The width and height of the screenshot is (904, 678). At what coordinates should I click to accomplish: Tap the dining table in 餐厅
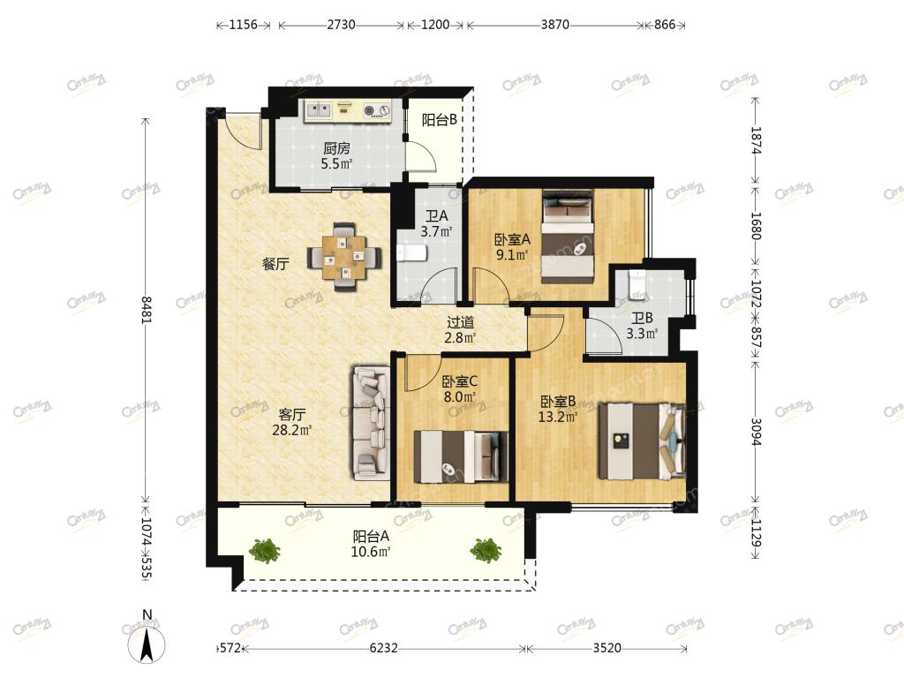coord(345,257)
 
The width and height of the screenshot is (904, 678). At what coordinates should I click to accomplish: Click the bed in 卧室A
coord(568,236)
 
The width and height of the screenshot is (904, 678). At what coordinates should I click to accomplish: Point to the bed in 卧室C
coord(461,456)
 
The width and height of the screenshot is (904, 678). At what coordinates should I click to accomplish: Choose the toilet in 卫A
coord(411,252)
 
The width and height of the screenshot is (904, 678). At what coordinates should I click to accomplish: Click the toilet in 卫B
coord(637,284)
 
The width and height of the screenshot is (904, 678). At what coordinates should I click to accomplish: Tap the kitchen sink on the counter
coord(318,109)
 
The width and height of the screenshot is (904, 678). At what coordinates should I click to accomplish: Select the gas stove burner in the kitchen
coord(376,110)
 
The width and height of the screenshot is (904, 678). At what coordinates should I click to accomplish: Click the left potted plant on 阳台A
coord(265,551)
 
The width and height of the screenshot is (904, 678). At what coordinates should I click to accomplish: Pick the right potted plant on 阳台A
coord(486,551)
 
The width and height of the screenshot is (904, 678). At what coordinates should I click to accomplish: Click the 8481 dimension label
coord(146,310)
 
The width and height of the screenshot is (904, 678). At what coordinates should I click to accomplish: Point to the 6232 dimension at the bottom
coord(383,648)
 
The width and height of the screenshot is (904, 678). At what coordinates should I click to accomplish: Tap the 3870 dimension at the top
coord(555,25)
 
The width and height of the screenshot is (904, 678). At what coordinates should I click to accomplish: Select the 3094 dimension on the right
coord(756,431)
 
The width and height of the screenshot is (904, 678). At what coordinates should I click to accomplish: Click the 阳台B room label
coord(440,120)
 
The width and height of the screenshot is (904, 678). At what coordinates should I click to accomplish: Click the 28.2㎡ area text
coord(291,430)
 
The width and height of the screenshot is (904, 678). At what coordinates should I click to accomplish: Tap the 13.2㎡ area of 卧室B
coord(558,417)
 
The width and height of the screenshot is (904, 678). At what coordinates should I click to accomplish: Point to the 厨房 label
coord(336,148)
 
